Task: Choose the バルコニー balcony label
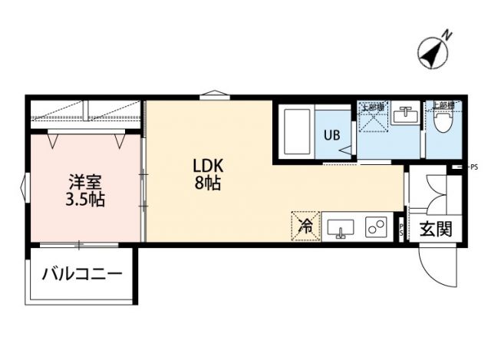coord(81,274)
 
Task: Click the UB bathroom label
coord(331,135)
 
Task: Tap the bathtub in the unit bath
coord(298,132)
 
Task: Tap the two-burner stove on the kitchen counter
coord(376,228)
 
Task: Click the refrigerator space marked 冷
coord(305,226)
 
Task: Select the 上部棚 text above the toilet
coord(444,104)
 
